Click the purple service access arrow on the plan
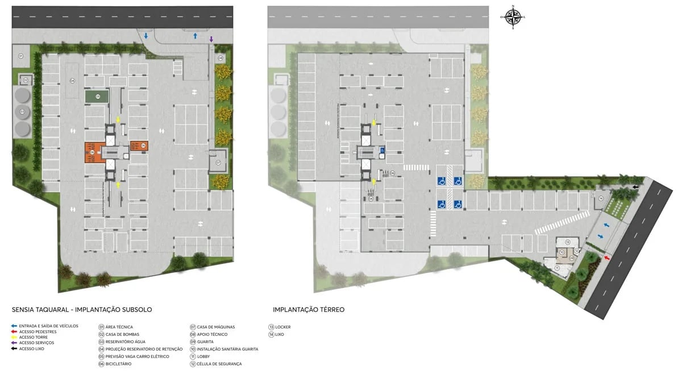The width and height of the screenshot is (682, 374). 211,39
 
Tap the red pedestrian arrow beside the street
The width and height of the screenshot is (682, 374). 607,258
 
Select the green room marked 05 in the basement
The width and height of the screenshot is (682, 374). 98,97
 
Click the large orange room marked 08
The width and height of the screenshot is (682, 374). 92,152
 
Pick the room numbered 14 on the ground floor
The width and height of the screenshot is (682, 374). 601,198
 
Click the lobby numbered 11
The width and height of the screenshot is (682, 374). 557,268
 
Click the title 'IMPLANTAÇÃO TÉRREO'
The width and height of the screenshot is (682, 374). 309,310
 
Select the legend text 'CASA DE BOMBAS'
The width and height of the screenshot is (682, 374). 122,334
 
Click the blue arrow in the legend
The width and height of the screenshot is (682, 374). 14,326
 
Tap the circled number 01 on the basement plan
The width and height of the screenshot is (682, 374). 20,56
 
